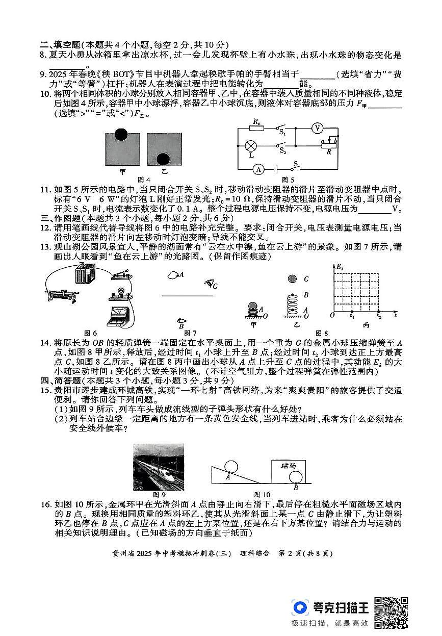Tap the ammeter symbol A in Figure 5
[x=258, y=169]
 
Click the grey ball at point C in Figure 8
[x=292, y=278]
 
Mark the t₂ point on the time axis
[x=378, y=316]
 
